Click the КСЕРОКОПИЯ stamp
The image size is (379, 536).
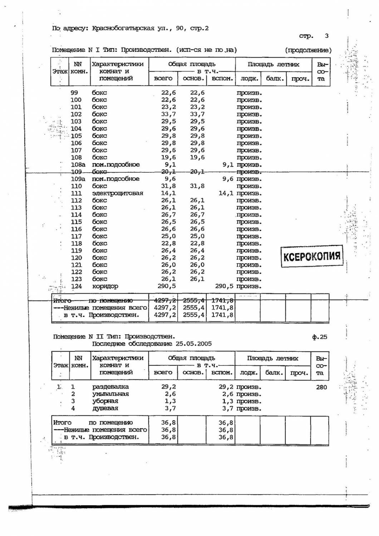312,256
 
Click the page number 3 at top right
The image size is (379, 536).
326,36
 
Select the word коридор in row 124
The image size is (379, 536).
105,286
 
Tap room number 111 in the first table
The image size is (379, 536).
76,193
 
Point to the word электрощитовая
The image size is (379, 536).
118,193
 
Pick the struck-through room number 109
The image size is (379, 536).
76,172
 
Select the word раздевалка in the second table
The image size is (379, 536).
110,387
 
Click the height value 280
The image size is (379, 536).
321,387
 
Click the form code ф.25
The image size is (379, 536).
319,337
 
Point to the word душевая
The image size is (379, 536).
105,408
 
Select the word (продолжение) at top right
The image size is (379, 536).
308,50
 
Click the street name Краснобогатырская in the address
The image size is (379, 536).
123,28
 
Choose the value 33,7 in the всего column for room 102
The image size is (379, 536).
168,114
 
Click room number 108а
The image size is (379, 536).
78,164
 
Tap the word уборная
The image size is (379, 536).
105,401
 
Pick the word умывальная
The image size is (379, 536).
110,394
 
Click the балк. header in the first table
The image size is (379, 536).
275,79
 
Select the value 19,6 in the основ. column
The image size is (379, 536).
197,157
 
